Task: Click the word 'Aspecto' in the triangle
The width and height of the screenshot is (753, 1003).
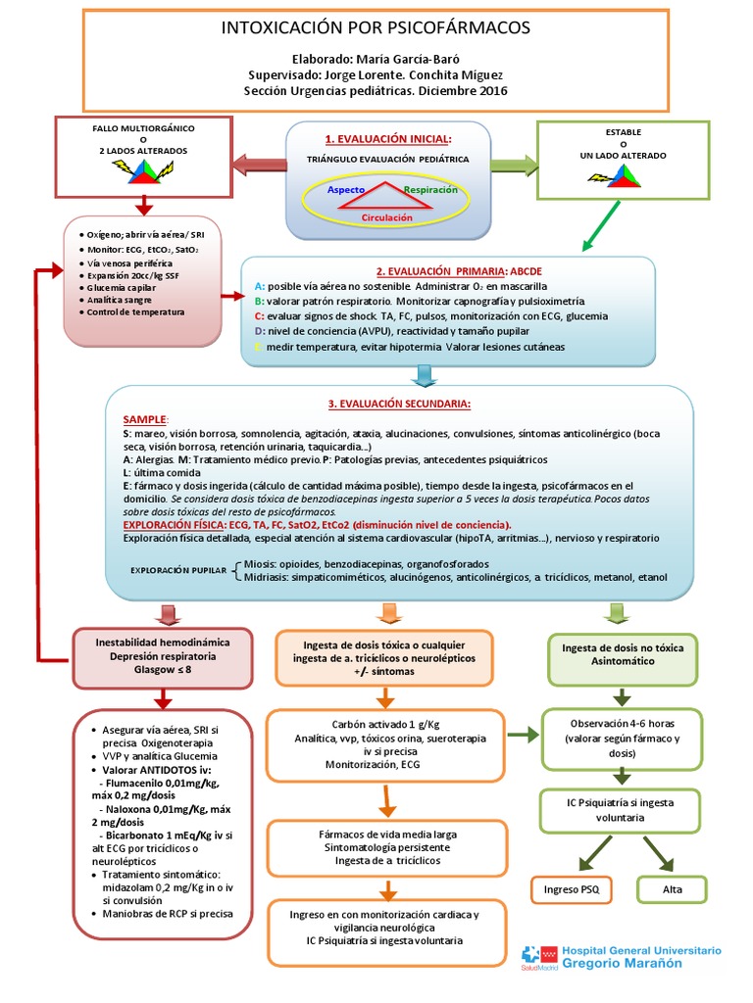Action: pyautogui.click(x=345, y=188)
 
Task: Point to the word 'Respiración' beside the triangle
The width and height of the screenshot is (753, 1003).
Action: pyautogui.click(x=430, y=188)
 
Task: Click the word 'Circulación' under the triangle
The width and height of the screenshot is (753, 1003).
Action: pyautogui.click(x=387, y=217)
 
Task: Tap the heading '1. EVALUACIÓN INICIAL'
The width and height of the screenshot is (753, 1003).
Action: pyautogui.click(x=388, y=139)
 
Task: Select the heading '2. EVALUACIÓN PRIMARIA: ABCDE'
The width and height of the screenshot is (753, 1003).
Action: pyautogui.click(x=446, y=270)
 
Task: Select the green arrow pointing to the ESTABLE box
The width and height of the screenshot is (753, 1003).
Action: pyautogui.click(x=514, y=164)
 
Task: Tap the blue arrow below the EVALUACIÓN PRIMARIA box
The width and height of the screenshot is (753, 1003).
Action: pyautogui.click(x=425, y=375)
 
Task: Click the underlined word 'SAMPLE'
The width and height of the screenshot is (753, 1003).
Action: pyautogui.click(x=146, y=418)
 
